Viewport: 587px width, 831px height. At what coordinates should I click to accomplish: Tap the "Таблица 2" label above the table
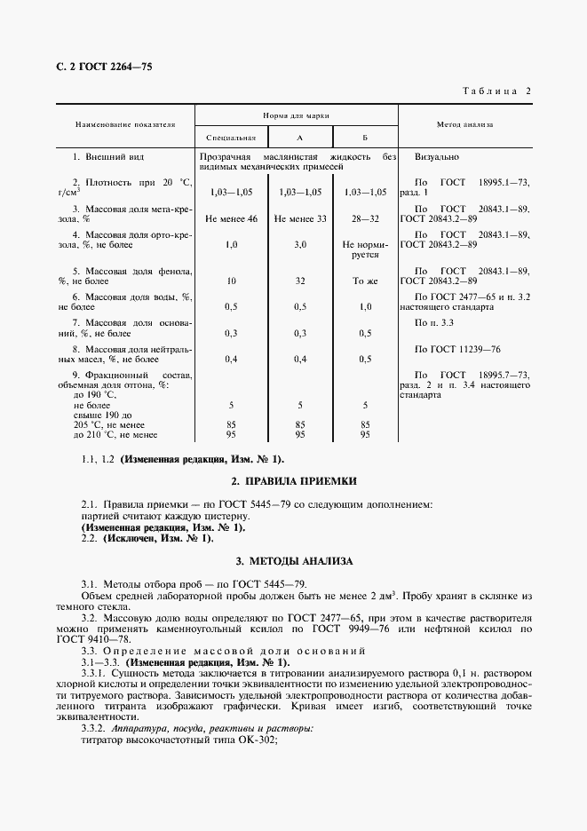click(x=497, y=91)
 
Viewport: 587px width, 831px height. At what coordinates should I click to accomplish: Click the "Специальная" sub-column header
click(x=231, y=138)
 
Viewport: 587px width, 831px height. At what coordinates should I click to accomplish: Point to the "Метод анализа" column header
click(x=464, y=125)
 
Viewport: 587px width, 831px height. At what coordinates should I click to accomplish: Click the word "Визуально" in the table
click(x=437, y=156)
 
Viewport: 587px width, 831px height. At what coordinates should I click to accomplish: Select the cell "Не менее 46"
click(x=231, y=218)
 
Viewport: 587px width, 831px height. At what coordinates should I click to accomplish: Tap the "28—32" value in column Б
click(x=365, y=218)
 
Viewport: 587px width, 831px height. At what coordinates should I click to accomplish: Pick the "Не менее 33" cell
click(x=300, y=218)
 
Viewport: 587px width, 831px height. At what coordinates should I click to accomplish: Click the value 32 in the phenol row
click(x=300, y=281)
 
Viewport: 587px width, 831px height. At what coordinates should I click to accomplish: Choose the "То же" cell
click(x=365, y=281)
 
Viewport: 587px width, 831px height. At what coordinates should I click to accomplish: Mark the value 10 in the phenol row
click(x=231, y=281)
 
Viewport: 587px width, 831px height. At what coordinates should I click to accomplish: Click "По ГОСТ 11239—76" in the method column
click(x=457, y=349)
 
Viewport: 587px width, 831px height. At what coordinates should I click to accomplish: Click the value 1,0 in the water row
click(x=365, y=306)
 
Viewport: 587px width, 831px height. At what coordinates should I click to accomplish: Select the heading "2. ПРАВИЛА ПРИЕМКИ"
click(x=294, y=480)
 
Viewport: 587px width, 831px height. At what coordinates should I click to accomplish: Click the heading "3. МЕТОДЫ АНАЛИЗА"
click(x=294, y=562)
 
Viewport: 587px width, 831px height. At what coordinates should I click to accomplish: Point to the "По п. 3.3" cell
click(x=434, y=323)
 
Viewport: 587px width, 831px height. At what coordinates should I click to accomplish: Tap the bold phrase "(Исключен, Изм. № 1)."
click(x=158, y=538)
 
